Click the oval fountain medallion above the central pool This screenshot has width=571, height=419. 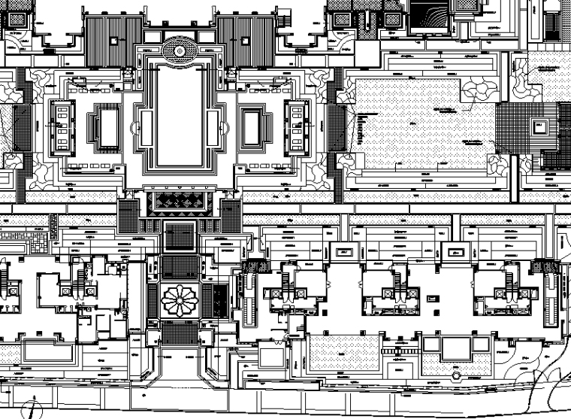click(x=180, y=50)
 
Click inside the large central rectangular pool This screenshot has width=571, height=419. click(x=180, y=113)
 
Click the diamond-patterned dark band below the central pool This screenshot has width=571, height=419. click(x=180, y=201)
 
